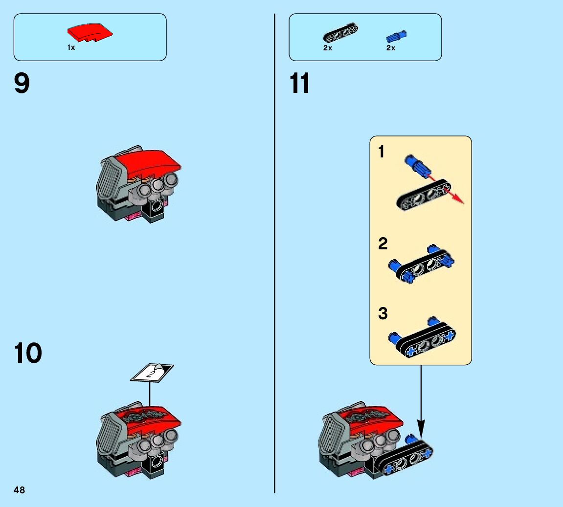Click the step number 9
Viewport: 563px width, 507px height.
point(22,84)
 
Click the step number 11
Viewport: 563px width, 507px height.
point(299,84)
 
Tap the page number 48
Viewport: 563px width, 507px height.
point(19,490)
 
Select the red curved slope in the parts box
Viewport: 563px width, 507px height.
point(90,33)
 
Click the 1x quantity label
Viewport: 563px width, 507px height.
point(71,48)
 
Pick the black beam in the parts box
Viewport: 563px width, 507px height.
point(340,32)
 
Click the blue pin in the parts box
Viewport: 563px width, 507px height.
point(396,36)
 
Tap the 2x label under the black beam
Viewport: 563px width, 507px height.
point(328,48)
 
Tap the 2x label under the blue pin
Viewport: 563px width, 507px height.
point(390,48)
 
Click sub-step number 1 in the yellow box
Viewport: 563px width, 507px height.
point(382,153)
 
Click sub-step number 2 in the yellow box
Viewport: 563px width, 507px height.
point(383,243)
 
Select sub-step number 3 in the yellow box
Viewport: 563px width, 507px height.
point(383,313)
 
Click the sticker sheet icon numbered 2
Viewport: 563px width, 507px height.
point(152,373)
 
